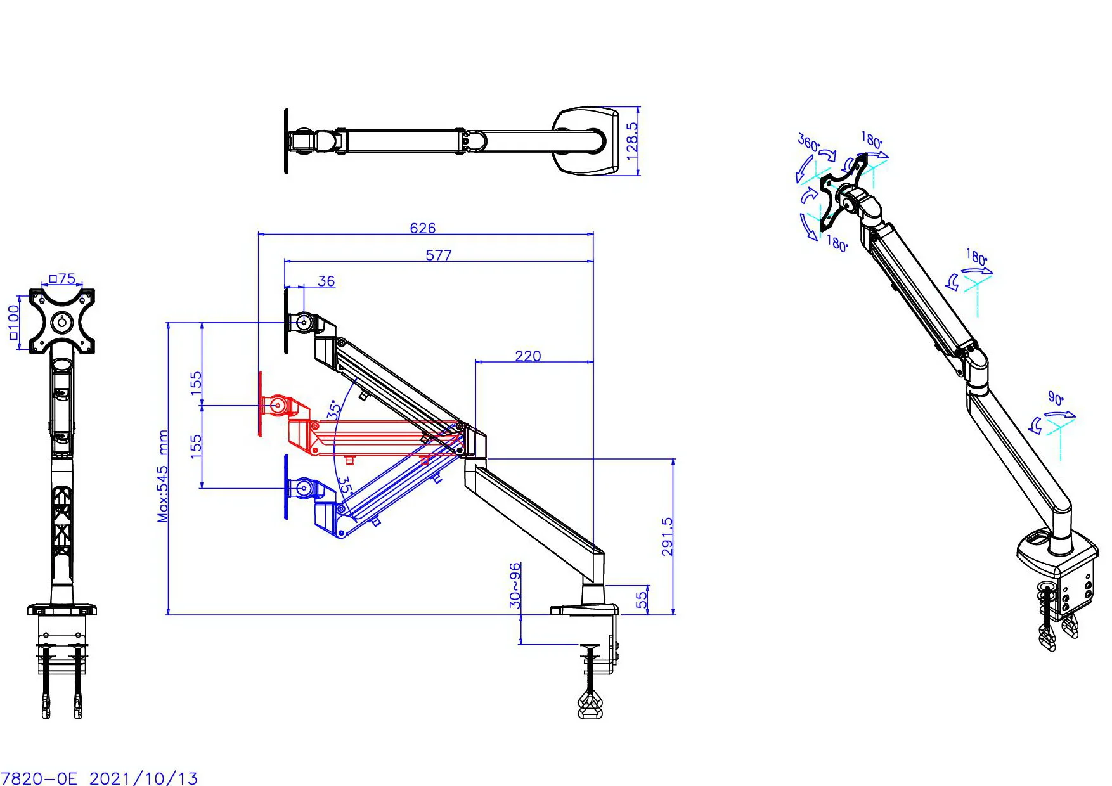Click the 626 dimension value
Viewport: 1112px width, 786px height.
point(422,228)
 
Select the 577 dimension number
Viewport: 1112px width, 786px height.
point(439,255)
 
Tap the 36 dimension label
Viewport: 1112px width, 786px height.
point(326,281)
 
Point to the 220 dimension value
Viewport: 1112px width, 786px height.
point(527,356)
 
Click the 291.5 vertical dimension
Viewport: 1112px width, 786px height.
point(667,536)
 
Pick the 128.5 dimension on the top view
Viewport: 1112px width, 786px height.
point(632,141)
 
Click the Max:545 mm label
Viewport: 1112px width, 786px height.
point(163,476)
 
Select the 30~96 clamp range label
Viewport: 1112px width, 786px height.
point(515,584)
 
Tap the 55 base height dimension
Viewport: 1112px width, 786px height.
point(642,597)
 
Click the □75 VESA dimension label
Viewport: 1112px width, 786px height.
point(62,278)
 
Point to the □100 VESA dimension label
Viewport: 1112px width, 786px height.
point(13,321)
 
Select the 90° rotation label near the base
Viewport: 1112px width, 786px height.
point(1056,397)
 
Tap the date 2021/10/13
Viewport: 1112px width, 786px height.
point(143,778)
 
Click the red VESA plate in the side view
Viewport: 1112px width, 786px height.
point(261,404)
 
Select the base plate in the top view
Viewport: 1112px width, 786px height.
point(586,141)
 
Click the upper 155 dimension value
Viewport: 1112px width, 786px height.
point(196,383)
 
